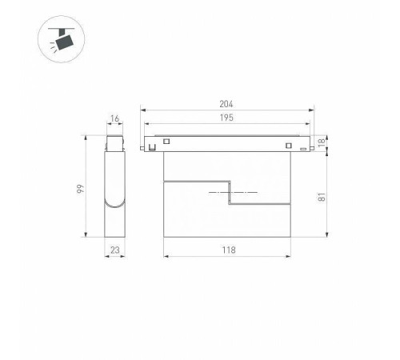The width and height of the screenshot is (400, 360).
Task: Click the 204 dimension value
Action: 226,104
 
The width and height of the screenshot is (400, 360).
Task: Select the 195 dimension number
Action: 226,118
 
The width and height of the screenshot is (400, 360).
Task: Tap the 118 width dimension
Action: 229,250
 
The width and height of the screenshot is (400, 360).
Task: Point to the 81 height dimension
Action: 322,197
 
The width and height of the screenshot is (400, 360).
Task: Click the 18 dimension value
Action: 322,142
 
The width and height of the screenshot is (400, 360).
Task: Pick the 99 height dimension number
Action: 81,189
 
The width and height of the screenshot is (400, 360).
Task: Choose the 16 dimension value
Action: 114,118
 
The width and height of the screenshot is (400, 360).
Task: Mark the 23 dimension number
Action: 115,250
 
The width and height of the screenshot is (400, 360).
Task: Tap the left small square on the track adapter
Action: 166,141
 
